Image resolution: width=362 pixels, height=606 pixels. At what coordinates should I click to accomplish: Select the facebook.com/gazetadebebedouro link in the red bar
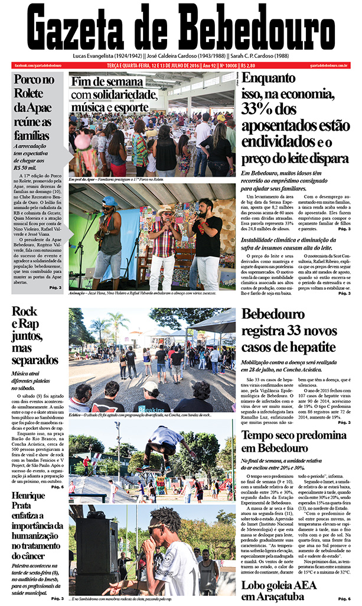(38, 65)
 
